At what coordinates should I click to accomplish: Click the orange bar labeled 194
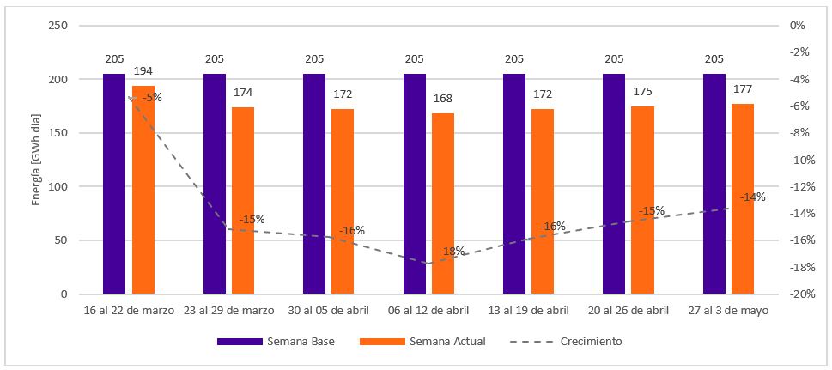(143, 190)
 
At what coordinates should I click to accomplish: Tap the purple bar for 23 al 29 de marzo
(215, 184)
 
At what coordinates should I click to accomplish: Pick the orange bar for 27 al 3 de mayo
(743, 198)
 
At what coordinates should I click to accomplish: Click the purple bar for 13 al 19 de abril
(514, 184)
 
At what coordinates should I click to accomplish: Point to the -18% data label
(452, 252)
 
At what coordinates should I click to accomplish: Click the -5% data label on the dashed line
(152, 98)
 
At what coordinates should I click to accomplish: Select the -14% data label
(752, 197)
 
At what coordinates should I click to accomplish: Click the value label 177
(743, 90)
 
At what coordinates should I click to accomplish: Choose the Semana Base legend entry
(275, 342)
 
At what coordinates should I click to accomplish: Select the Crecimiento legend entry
(566, 342)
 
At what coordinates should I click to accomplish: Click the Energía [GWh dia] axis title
(36, 160)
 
